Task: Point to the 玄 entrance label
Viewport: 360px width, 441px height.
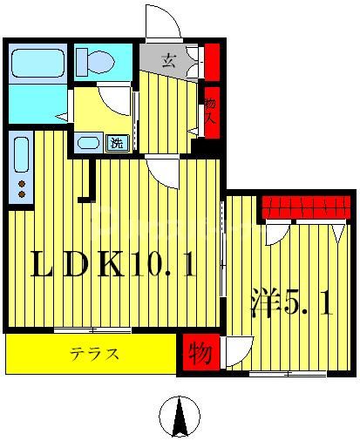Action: click(169, 62)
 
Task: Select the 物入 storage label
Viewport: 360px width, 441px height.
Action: click(211, 108)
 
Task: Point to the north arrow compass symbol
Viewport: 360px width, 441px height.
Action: click(180, 416)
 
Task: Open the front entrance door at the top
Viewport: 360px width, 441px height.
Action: click(163, 22)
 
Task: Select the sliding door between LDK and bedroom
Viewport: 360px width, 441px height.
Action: click(224, 261)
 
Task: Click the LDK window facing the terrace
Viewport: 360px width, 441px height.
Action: click(92, 330)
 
